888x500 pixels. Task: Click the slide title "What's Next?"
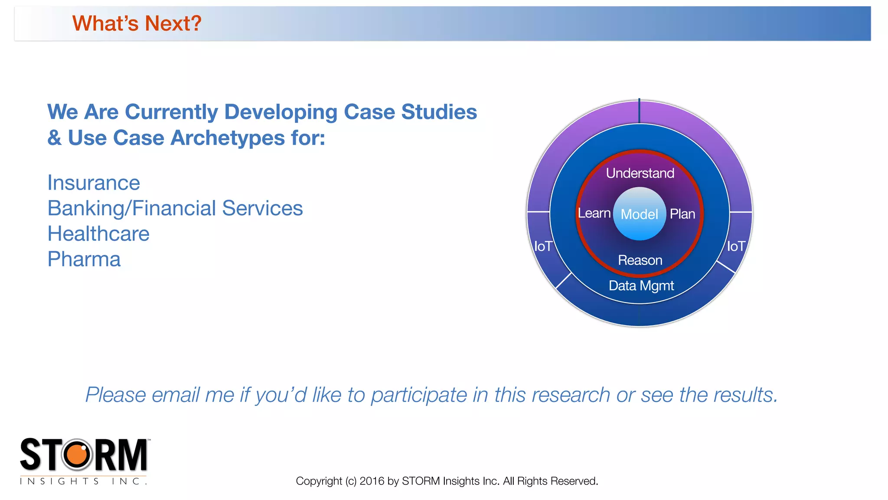137,23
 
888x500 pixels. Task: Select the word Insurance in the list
94,183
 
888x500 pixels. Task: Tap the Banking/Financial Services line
175,208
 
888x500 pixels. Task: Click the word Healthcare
98,234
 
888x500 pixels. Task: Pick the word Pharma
84,260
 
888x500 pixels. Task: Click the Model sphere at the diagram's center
640,214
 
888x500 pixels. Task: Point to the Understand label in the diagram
640,173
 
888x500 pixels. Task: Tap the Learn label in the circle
594,213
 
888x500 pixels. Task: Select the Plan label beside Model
682,214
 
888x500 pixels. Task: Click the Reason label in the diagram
640,260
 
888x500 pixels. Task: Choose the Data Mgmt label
641,286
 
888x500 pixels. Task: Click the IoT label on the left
543,247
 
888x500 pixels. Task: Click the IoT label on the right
736,247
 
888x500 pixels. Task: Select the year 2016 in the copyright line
372,481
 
